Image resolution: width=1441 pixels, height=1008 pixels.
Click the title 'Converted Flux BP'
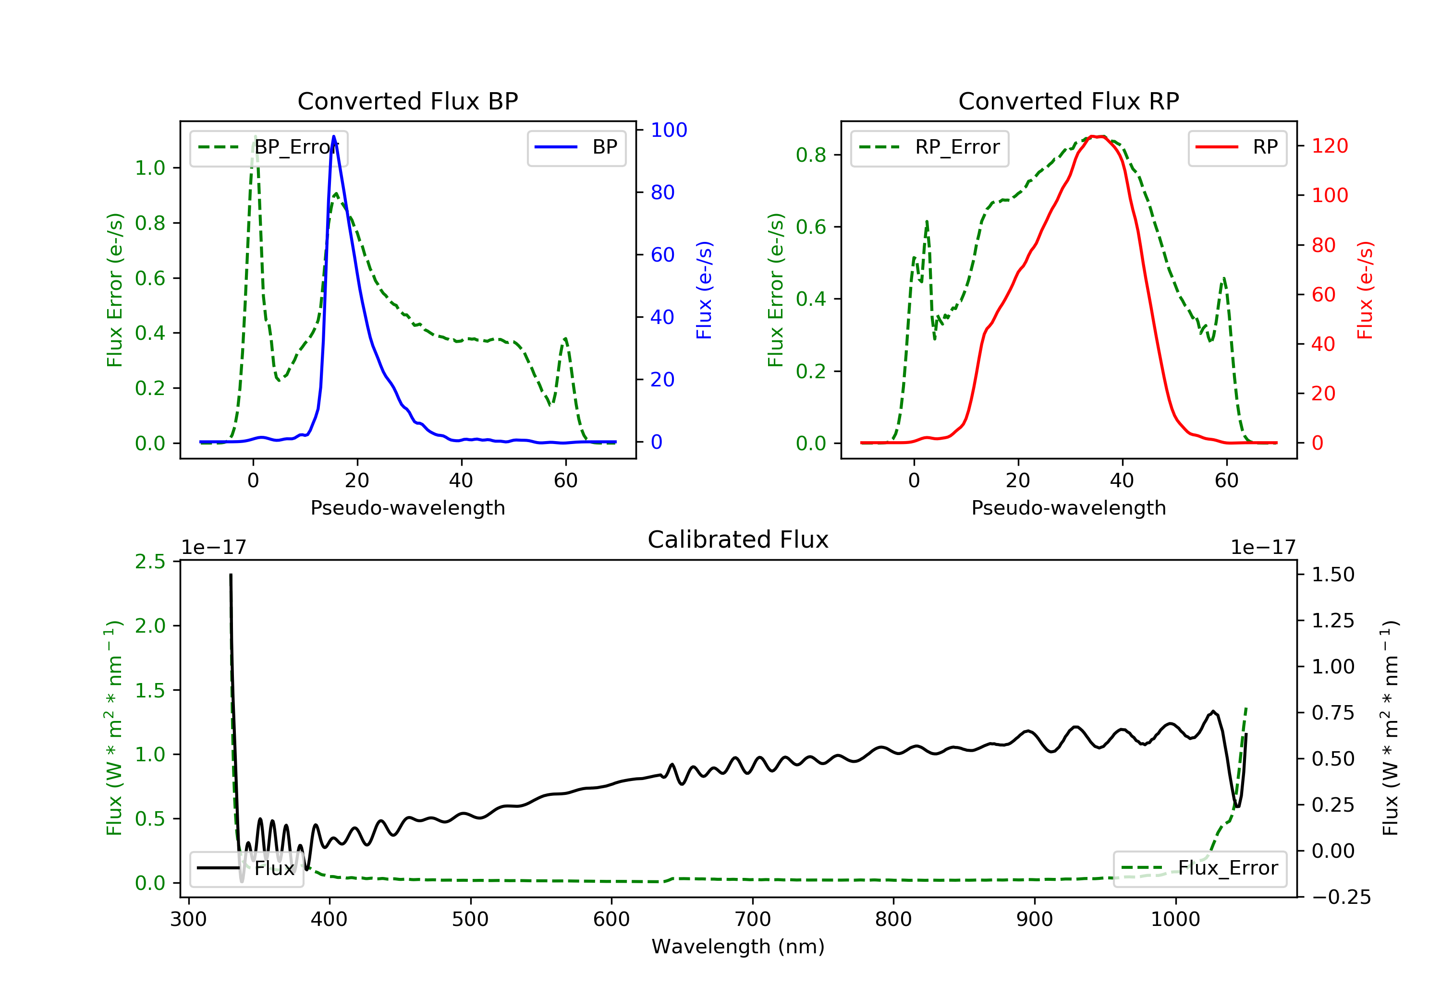tap(407, 101)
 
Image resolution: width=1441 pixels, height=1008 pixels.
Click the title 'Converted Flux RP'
tap(1068, 101)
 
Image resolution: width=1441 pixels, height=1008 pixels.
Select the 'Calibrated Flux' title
tap(738, 540)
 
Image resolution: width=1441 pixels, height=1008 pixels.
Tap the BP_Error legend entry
tap(269, 147)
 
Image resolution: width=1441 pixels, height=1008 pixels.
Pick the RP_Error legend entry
tap(929, 147)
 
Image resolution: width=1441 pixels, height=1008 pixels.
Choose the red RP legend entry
tap(1237, 147)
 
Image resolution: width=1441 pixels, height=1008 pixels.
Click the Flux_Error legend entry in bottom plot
tap(1199, 868)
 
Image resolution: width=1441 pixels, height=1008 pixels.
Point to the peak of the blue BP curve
tap(333, 136)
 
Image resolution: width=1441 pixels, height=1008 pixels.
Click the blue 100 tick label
tap(669, 130)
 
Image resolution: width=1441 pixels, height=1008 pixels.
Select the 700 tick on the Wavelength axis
tap(753, 920)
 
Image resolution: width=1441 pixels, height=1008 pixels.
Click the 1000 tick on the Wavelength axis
tap(1175, 920)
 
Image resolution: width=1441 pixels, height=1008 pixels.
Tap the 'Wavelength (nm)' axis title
tap(738, 947)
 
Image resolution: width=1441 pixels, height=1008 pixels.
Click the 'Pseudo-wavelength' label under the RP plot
tap(1068, 507)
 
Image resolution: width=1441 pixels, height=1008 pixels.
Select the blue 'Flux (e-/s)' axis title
tap(704, 290)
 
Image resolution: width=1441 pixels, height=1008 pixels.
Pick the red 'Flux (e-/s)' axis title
tap(1365, 290)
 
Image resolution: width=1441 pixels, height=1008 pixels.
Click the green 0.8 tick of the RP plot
tap(811, 155)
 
